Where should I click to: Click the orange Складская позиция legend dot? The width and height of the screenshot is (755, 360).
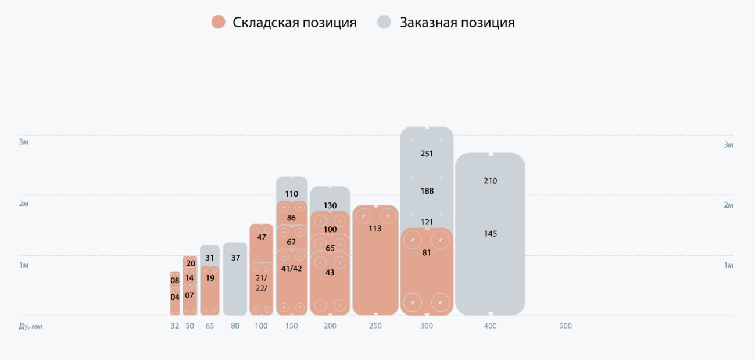pyautogui.click(x=219, y=23)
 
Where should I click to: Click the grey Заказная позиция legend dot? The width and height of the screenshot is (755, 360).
pyautogui.click(x=384, y=23)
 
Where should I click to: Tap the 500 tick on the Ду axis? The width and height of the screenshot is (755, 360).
pyautogui.click(x=566, y=326)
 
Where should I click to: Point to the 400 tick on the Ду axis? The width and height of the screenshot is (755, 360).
pyautogui.click(x=490, y=326)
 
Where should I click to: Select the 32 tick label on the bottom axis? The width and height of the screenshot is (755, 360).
pyautogui.click(x=175, y=326)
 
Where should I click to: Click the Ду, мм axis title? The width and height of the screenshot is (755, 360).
pyautogui.click(x=31, y=326)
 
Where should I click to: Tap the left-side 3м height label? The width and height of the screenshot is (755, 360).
pyautogui.click(x=24, y=142)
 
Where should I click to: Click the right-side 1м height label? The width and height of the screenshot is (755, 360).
pyautogui.click(x=728, y=265)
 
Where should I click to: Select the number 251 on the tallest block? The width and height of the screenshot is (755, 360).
pyautogui.click(x=427, y=154)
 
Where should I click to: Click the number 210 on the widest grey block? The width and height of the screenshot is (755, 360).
pyautogui.click(x=490, y=181)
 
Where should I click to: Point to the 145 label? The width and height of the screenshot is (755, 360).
pyautogui.click(x=490, y=234)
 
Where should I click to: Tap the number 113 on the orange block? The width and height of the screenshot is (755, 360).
pyautogui.click(x=375, y=229)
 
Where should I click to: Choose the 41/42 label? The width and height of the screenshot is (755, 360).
pyautogui.click(x=291, y=268)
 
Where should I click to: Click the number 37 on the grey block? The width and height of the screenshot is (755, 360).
pyautogui.click(x=235, y=258)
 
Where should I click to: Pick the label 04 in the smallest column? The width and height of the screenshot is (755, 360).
pyautogui.click(x=175, y=297)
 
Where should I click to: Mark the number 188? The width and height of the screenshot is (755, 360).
pyautogui.click(x=427, y=191)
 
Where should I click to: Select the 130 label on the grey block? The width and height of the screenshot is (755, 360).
pyautogui.click(x=330, y=205)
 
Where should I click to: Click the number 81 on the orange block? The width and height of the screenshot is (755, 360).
pyautogui.click(x=427, y=253)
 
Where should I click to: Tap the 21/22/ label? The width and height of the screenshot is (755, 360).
pyautogui.click(x=261, y=283)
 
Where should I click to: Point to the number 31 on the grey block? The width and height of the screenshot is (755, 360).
pyautogui.click(x=210, y=258)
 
